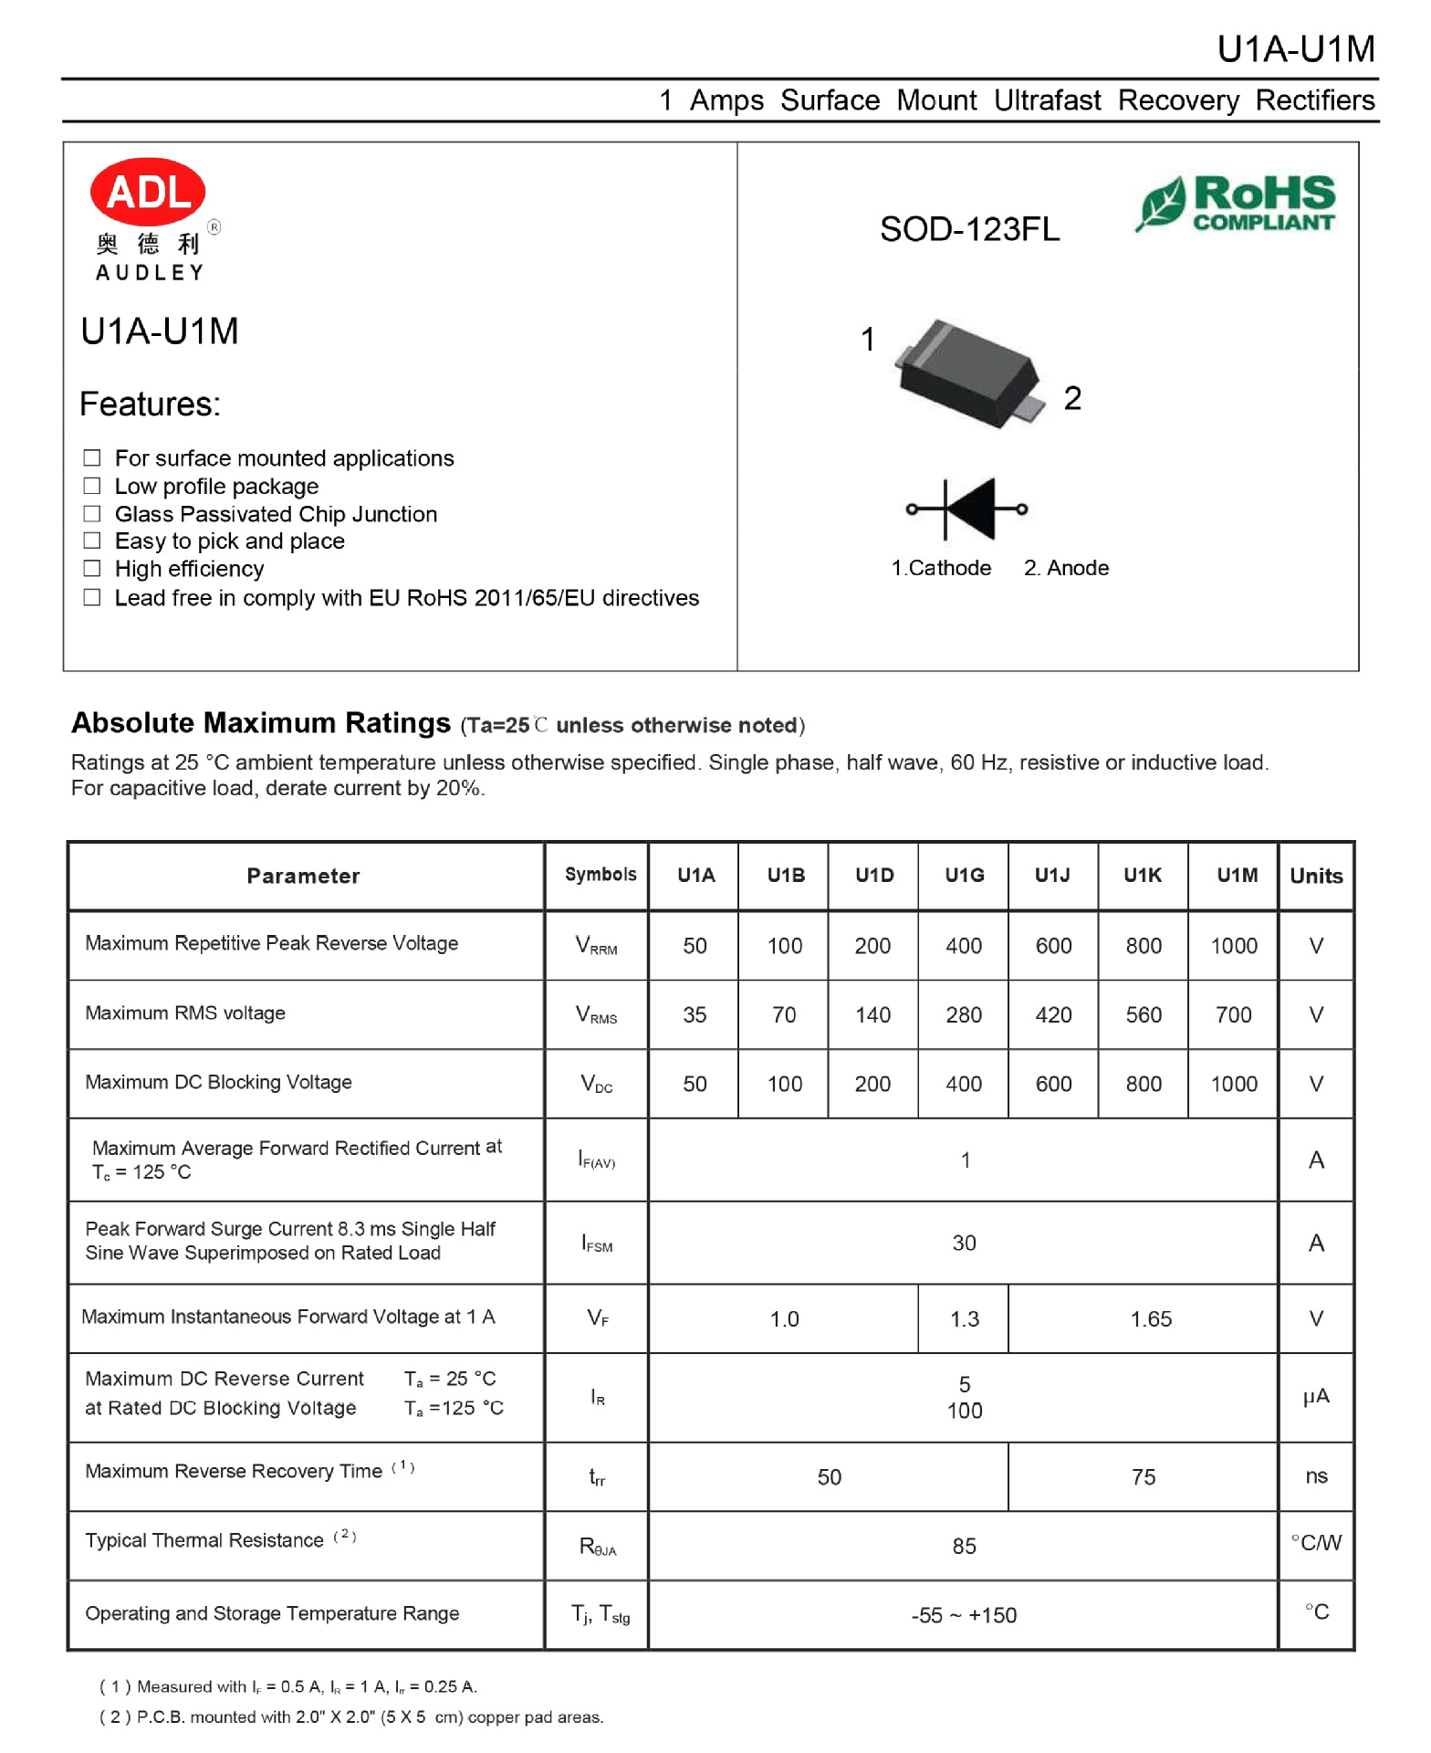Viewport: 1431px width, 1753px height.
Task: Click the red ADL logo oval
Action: (x=147, y=192)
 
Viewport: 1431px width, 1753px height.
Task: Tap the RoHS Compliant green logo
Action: (x=1236, y=203)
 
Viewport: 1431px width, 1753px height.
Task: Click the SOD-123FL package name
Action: (x=969, y=229)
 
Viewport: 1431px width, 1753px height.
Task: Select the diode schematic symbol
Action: (x=966, y=509)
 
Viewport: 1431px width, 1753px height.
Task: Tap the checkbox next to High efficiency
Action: (x=92, y=569)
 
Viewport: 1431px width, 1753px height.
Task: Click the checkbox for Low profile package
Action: (x=92, y=486)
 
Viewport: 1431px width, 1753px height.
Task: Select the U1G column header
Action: (x=964, y=875)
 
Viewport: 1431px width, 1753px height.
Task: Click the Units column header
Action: (x=1315, y=876)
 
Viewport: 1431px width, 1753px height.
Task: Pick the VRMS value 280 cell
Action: (x=964, y=1014)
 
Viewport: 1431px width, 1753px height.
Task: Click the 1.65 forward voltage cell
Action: (x=1150, y=1318)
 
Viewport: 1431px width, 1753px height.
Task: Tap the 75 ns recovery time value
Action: (x=1143, y=1476)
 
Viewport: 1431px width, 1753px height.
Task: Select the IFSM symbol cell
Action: (x=597, y=1244)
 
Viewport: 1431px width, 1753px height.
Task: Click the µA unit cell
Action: (x=1315, y=1396)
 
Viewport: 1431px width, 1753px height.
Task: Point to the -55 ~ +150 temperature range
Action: (x=964, y=1615)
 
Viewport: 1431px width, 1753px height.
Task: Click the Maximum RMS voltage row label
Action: (x=185, y=1013)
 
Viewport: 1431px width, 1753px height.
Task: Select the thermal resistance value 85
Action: (x=964, y=1546)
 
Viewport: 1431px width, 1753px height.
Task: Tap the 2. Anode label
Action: (x=1066, y=568)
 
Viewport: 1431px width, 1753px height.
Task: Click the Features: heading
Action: (x=151, y=404)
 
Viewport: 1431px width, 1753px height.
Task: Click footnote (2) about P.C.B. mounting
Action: (x=351, y=1716)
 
